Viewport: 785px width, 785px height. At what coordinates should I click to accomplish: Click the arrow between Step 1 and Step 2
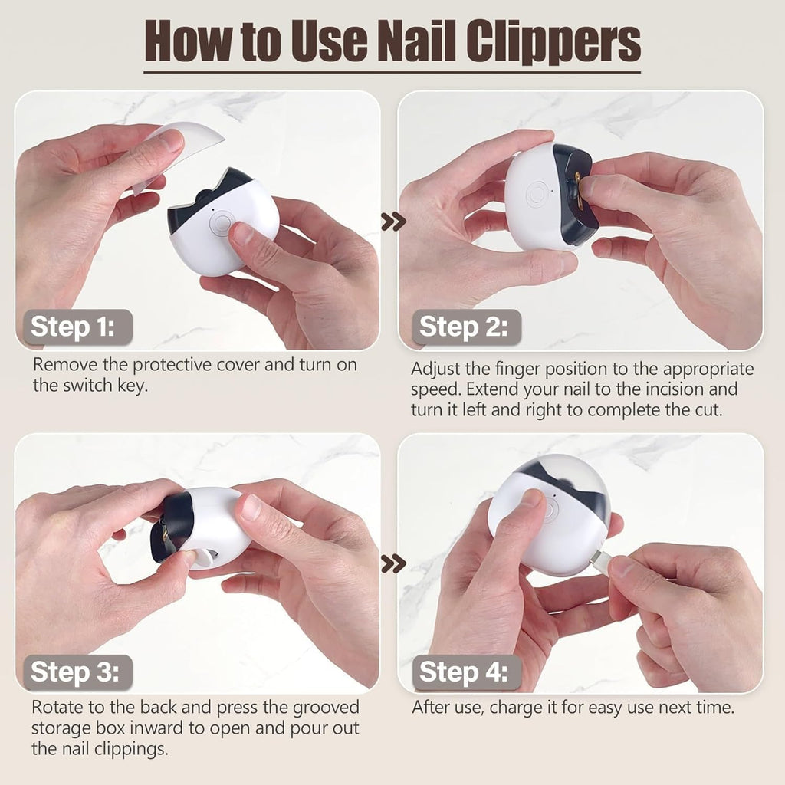[x=393, y=222]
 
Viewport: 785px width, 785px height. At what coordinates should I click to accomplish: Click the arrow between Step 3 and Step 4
[x=393, y=564]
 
